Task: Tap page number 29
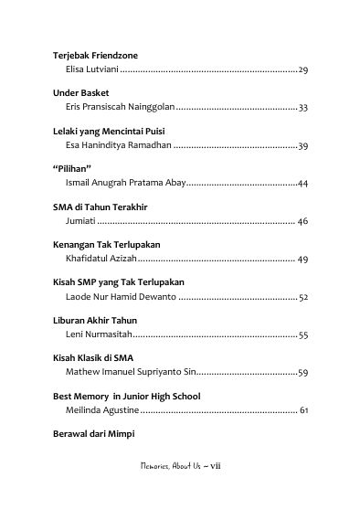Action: [303, 69]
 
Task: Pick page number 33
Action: [303, 108]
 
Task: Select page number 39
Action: [303, 145]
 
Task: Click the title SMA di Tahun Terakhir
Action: [101, 207]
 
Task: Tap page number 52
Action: [303, 297]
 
